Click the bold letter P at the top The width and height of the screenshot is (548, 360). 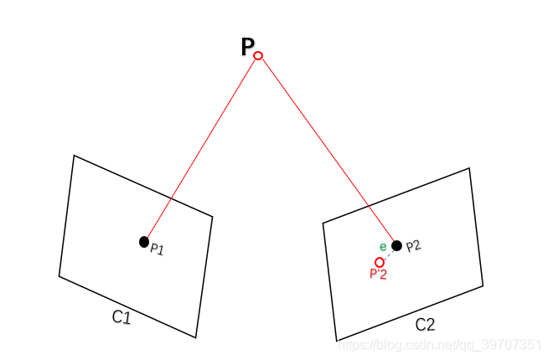tap(248, 48)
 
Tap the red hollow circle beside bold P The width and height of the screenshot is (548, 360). tap(258, 56)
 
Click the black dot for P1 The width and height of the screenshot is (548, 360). tap(144, 242)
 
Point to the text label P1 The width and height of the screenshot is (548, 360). tap(157, 249)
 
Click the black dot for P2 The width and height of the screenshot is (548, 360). tap(396, 245)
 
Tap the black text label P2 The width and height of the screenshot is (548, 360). tap(413, 246)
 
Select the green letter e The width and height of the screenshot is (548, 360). tap(383, 246)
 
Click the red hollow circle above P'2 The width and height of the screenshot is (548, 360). tap(380, 262)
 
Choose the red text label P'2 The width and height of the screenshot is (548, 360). tap(378, 274)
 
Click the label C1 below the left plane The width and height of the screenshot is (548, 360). tap(121, 316)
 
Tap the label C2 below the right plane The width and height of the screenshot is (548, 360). tap(425, 324)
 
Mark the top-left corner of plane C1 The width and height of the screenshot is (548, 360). tap(74, 156)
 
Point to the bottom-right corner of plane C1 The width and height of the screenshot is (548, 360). tap(195, 337)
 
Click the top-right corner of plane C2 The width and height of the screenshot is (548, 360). tap(468, 168)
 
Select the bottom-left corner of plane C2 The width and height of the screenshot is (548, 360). tap(336, 341)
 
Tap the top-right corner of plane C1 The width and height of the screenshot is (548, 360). tap(212, 218)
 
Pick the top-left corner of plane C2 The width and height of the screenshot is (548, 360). tap(323, 223)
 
